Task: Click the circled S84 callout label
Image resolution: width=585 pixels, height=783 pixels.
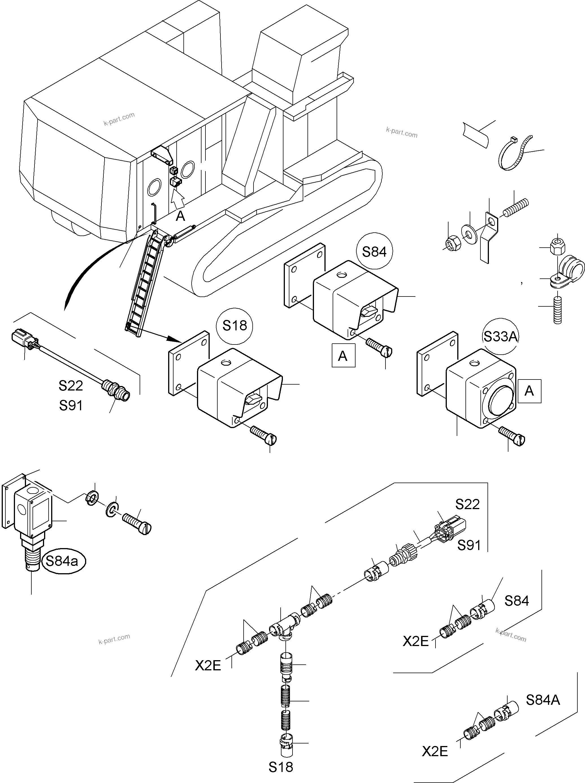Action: point(374,252)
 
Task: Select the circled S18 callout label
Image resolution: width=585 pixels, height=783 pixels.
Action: point(235,326)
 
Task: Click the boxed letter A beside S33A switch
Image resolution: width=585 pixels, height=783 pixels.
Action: point(529,391)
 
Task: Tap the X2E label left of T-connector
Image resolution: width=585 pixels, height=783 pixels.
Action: point(208,666)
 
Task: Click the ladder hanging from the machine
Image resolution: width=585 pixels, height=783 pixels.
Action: point(145,283)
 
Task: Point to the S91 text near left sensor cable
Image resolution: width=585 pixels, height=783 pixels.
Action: point(71,405)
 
